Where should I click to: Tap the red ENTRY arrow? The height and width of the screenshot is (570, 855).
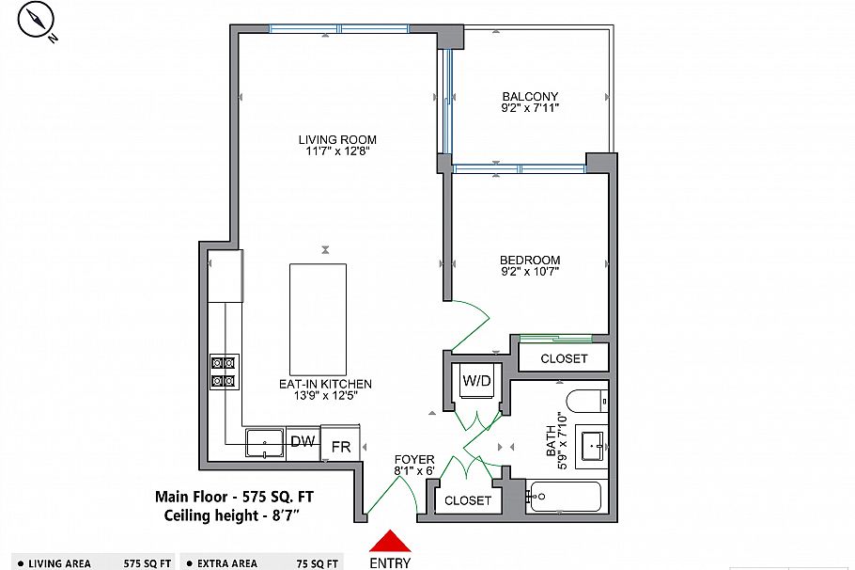389,541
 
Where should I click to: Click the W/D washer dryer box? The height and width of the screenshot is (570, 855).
475,380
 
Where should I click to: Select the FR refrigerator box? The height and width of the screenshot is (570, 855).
340,446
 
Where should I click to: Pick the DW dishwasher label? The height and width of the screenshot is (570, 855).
302,441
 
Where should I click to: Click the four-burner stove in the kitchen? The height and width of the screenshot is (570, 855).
225,372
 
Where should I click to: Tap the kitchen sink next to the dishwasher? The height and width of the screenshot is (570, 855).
264,441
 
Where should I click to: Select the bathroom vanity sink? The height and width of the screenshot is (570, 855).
592,445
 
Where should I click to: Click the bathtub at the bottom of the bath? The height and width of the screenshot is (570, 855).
565,497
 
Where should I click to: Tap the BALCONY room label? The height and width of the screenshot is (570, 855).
530,97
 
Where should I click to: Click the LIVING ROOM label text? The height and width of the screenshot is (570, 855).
337,140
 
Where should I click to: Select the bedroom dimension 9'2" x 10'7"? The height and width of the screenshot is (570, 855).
530,273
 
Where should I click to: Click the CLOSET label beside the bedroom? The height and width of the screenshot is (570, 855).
564,358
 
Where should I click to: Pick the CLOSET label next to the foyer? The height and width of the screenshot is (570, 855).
467,500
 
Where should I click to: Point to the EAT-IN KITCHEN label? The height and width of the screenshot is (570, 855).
325,384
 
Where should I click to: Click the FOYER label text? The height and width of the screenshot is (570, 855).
414,459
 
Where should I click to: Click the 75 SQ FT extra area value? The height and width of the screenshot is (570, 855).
318,563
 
